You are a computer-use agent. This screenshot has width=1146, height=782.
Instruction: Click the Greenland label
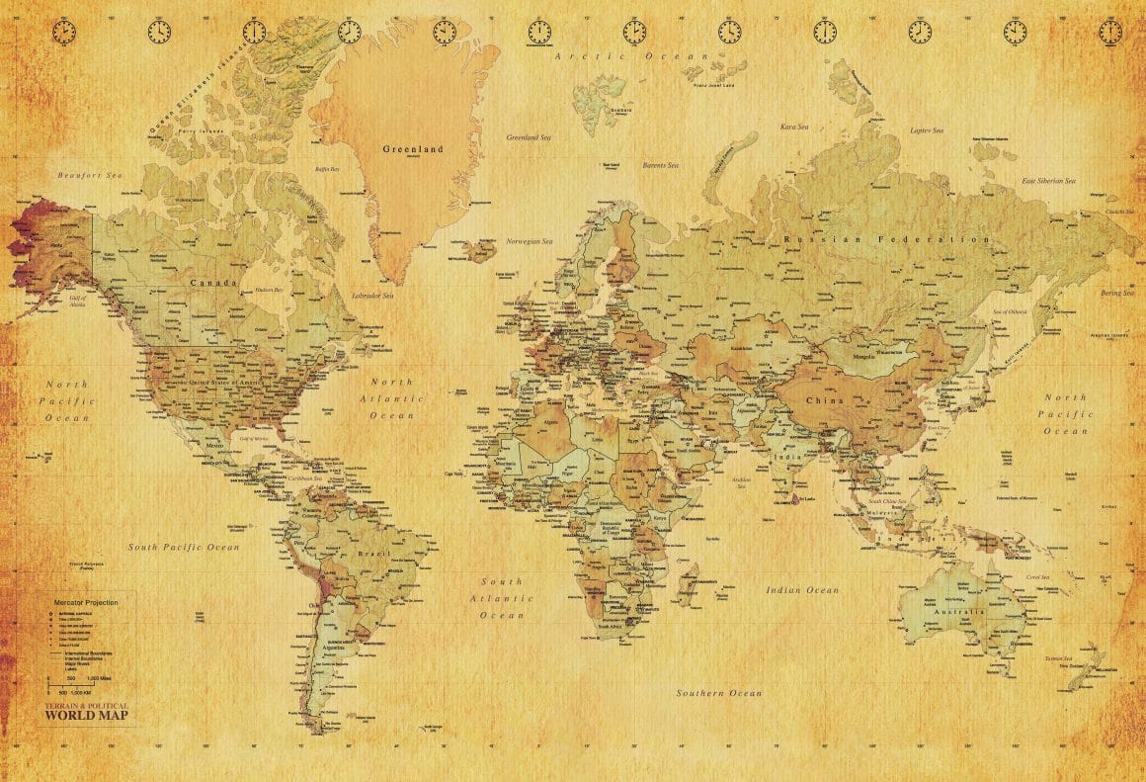click(x=413, y=149)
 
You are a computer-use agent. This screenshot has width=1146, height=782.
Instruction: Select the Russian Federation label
click(x=886, y=239)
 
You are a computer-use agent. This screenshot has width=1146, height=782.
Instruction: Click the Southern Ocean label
click(x=718, y=693)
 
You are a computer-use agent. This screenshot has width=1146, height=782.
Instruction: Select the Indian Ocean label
click(x=802, y=590)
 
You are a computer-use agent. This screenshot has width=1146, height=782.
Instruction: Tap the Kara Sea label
click(x=794, y=127)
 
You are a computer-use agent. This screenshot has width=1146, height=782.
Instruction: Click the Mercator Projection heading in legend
click(x=86, y=602)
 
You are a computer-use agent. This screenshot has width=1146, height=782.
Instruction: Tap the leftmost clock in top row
click(x=63, y=32)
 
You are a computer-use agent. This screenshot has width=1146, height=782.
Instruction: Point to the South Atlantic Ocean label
click(x=502, y=598)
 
